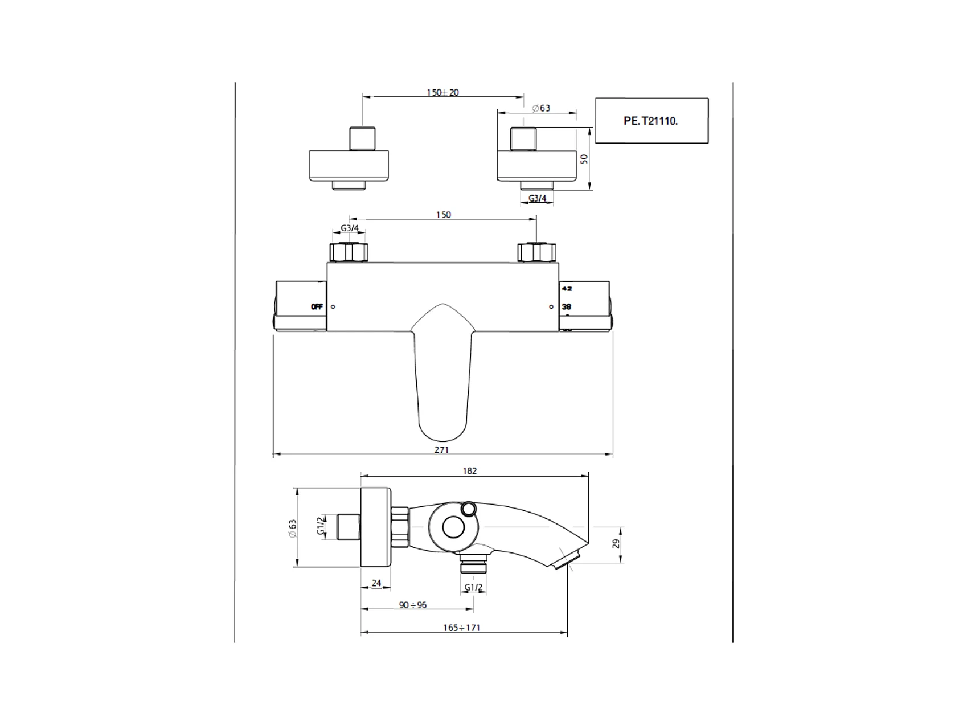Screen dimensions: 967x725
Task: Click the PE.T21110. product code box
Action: pos(652,120)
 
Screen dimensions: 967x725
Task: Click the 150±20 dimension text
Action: pos(442,92)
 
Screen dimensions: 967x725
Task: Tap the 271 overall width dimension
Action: pos(441,449)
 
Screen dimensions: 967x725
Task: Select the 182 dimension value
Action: pos(470,471)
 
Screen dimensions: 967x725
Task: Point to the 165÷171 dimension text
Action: pos(462,628)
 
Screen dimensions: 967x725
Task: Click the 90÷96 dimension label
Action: pos(413,605)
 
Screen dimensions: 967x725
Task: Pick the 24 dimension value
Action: pos(376,583)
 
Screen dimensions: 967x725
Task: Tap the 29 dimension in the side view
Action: pos(616,544)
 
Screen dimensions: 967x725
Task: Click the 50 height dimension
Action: pos(584,159)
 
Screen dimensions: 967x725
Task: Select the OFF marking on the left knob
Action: pos(317,306)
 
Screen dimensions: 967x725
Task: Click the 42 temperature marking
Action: pos(567,289)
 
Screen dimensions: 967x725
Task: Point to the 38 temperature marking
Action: pos(567,306)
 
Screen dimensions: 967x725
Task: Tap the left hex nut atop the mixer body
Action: pos(349,252)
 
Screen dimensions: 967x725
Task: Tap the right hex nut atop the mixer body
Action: pos(536,252)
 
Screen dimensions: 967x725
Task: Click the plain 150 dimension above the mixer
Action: pos(443,215)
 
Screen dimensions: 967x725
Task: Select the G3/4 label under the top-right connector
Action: pos(537,198)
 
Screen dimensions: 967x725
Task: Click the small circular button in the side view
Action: pos(469,507)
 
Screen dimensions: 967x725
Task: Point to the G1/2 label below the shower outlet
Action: pos(474,588)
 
